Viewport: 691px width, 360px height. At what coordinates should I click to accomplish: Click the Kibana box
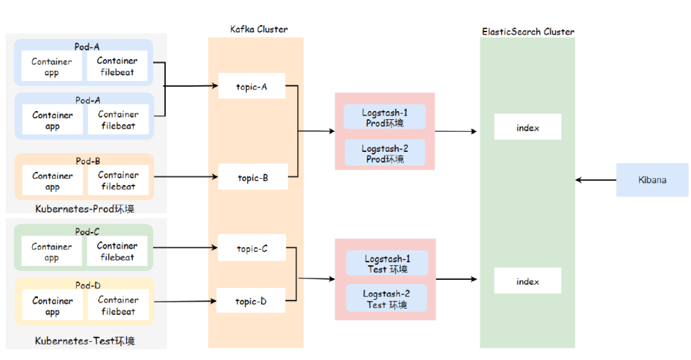click(652, 180)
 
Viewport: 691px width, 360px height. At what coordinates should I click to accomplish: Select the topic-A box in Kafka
click(252, 87)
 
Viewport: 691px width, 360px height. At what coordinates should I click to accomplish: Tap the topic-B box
click(253, 178)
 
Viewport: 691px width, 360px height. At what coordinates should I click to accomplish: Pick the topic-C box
click(252, 249)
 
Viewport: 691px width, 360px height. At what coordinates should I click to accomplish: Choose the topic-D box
click(251, 301)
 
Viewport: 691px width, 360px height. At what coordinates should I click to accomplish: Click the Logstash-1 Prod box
click(385, 117)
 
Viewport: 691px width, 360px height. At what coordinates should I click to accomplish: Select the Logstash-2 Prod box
click(385, 153)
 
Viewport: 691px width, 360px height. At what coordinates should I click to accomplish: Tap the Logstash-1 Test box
click(387, 263)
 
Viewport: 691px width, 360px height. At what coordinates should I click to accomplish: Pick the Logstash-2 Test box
click(387, 299)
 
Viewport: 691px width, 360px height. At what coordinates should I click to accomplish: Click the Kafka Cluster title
click(259, 29)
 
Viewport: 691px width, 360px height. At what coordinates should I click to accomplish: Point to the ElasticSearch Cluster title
click(528, 32)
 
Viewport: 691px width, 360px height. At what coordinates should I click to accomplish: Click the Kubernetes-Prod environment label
click(85, 209)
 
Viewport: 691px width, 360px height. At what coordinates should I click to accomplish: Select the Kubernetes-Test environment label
click(85, 341)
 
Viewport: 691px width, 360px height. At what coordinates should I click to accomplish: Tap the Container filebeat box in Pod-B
click(118, 181)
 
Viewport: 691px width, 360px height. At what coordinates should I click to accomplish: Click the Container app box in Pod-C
click(52, 252)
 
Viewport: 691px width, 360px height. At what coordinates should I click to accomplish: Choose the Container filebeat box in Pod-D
click(118, 306)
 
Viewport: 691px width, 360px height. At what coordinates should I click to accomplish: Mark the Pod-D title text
click(87, 285)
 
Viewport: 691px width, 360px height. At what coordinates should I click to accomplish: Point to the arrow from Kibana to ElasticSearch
click(596, 180)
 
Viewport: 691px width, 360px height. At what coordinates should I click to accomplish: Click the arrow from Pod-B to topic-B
click(186, 177)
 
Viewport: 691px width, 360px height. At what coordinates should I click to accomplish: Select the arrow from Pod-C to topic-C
click(186, 248)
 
